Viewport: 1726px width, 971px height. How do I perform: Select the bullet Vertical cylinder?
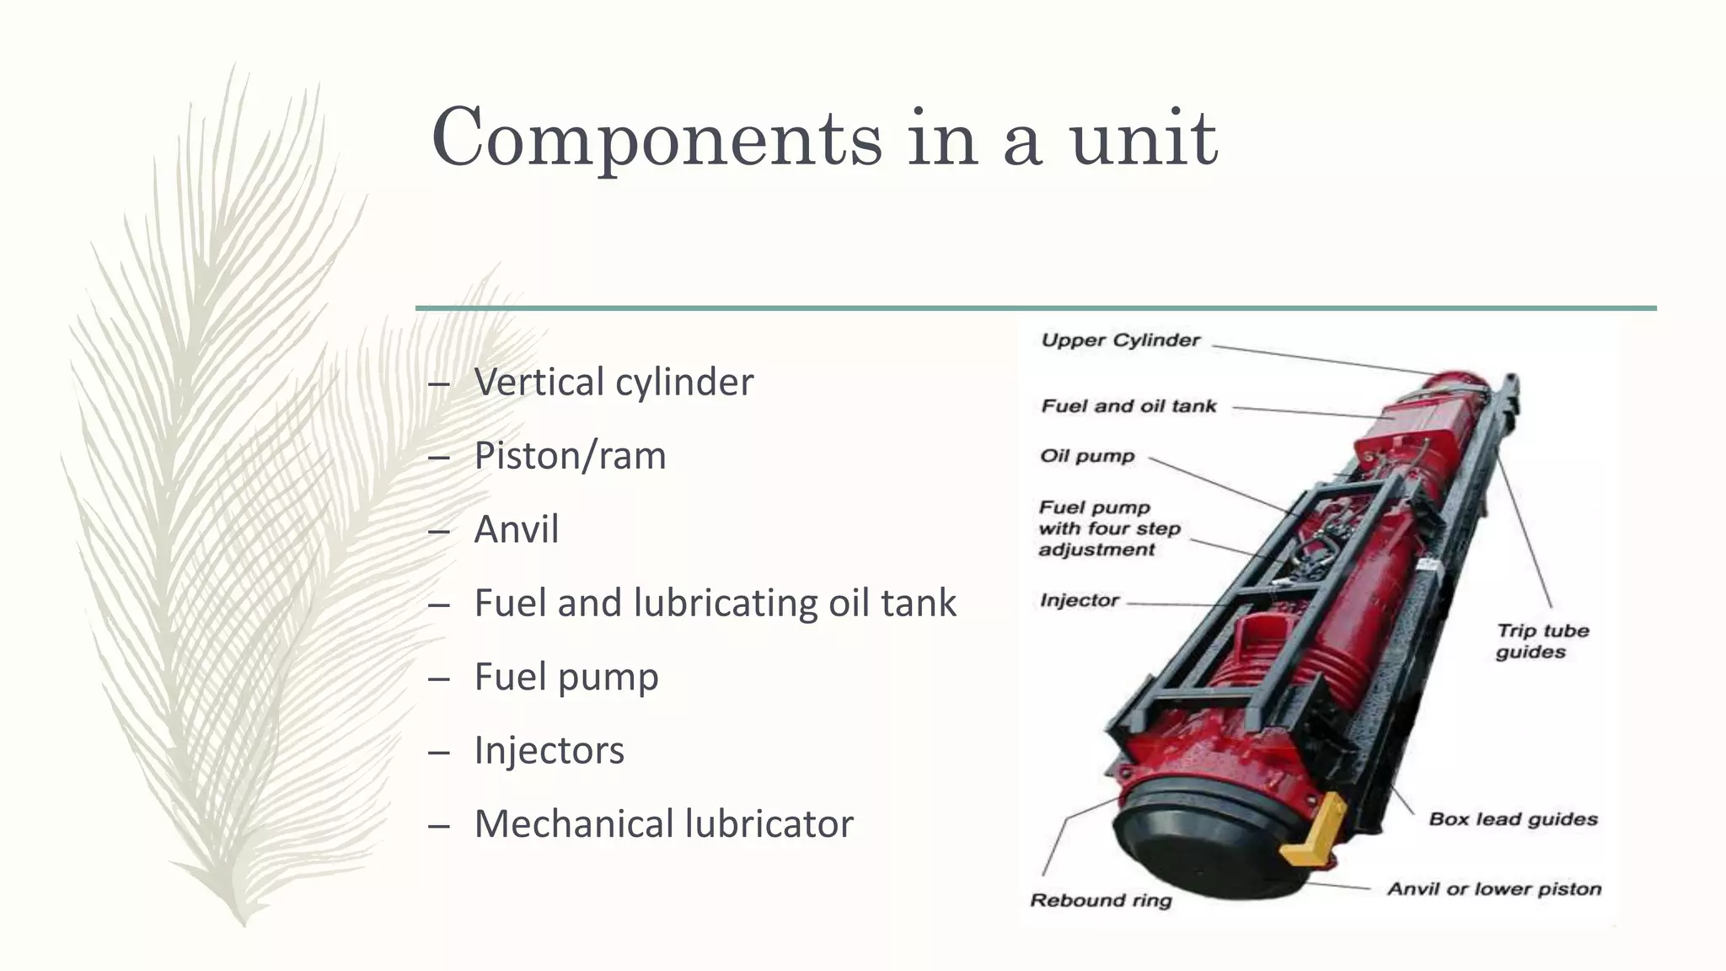coord(614,382)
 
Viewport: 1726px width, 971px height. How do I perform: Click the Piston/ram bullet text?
coord(570,456)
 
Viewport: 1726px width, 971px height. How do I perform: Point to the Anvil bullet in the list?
coord(517,529)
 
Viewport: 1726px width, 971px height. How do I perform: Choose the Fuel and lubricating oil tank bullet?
coord(715,604)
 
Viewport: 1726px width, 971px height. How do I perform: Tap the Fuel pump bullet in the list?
coord(566,677)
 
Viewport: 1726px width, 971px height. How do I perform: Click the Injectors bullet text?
coord(549,750)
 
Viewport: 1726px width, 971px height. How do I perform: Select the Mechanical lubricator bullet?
coord(664,824)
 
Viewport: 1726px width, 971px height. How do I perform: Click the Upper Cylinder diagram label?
coord(1120,341)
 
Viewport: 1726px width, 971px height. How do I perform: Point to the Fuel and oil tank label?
coord(1128,406)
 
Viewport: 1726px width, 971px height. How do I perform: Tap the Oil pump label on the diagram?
coord(1087,456)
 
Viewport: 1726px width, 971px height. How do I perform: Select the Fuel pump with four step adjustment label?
coord(1108,528)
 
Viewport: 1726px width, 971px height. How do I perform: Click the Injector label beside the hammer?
coord(1079,600)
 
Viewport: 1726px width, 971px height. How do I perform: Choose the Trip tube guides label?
coord(1541,641)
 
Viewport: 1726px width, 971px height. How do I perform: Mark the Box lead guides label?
coord(1513,819)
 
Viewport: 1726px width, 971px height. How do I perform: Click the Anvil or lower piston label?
coord(1493,889)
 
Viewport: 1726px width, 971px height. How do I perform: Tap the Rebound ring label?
coord(1101,900)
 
